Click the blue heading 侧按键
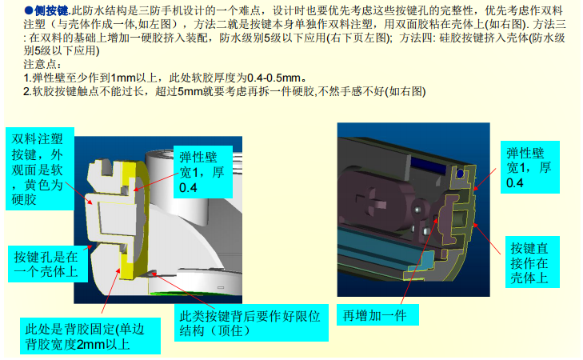coord(52,10)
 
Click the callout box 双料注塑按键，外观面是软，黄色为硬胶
coord(40,169)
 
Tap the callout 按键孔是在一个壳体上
coord(48,264)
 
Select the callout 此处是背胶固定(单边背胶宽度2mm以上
coord(90,336)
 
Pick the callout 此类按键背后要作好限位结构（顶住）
coord(251,323)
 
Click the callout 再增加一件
coord(377,315)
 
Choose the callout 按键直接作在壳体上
coord(532,262)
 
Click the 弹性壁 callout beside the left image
coord(203,172)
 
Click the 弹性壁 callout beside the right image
coord(530,167)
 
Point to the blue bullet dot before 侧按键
coord(29,10)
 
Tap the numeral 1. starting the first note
coord(27,78)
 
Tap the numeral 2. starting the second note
coord(27,91)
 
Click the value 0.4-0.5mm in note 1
coord(274,78)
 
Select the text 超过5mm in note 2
coord(178,91)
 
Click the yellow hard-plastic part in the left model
coord(131,219)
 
